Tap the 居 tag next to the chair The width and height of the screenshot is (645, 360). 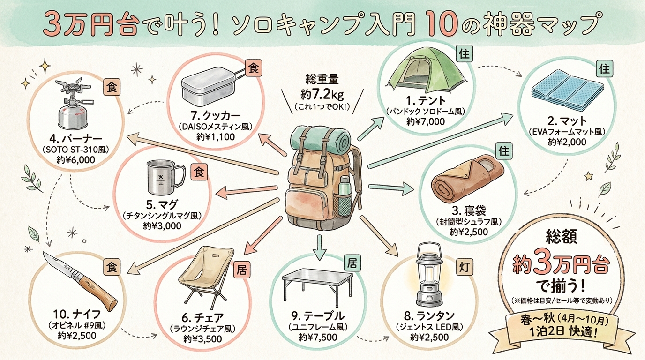pyautogui.click(x=243, y=269)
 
